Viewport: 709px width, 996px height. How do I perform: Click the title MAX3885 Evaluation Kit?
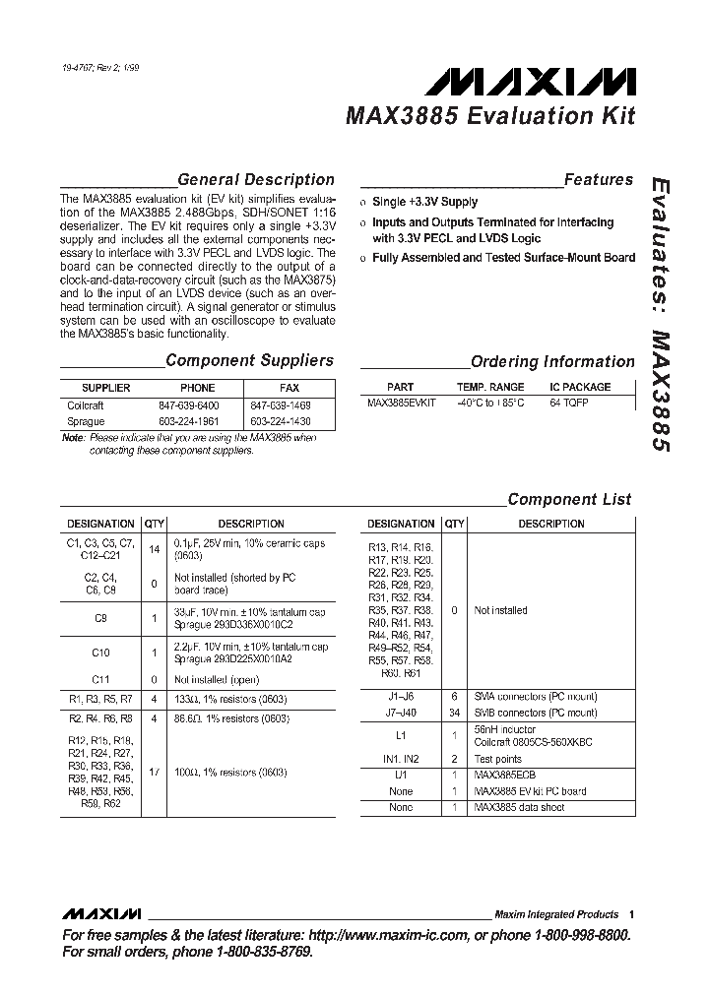[489, 116]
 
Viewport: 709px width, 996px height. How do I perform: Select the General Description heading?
[256, 180]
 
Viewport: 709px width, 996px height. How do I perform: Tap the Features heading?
[599, 180]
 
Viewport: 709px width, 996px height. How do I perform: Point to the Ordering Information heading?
[552, 362]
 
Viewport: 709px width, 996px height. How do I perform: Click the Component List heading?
[569, 499]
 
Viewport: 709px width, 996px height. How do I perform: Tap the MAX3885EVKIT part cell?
[400, 404]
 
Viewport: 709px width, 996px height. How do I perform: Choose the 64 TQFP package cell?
[569, 404]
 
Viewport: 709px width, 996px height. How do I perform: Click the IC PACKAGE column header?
[580, 387]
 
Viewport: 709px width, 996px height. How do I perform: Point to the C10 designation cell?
[100, 653]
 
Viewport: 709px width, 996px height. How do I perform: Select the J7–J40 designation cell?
[400, 713]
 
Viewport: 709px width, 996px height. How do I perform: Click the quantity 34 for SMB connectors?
[454, 713]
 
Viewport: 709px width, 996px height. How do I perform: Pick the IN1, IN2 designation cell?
[400, 760]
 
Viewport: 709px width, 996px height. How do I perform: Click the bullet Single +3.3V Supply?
[424, 202]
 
